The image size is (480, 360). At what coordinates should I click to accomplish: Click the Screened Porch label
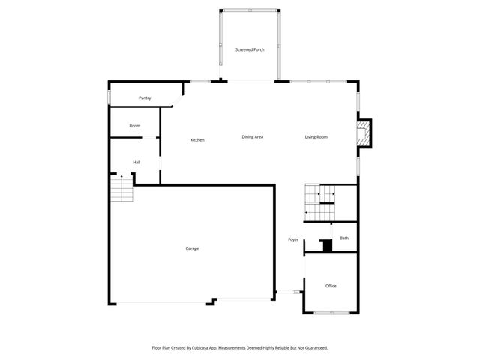(x=250, y=49)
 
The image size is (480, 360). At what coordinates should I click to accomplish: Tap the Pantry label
(x=145, y=98)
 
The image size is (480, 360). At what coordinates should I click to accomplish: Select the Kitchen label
(x=197, y=140)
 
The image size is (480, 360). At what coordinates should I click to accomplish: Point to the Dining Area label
(x=252, y=136)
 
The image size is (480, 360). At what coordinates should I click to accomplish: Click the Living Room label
(x=316, y=136)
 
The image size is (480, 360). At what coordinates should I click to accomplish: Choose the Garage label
(x=192, y=248)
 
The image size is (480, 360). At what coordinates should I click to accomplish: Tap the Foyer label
(x=293, y=239)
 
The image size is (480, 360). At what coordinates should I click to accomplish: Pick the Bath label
(x=344, y=238)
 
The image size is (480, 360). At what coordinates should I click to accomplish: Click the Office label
(x=331, y=286)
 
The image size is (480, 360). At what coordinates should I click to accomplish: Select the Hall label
(x=136, y=163)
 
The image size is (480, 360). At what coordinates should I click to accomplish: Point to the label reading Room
(x=135, y=126)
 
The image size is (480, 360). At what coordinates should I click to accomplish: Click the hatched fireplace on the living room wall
(x=364, y=134)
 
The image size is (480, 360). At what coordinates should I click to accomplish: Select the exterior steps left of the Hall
(x=121, y=189)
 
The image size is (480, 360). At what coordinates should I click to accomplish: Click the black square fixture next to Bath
(x=326, y=245)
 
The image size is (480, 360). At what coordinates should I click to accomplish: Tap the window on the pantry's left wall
(x=109, y=98)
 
